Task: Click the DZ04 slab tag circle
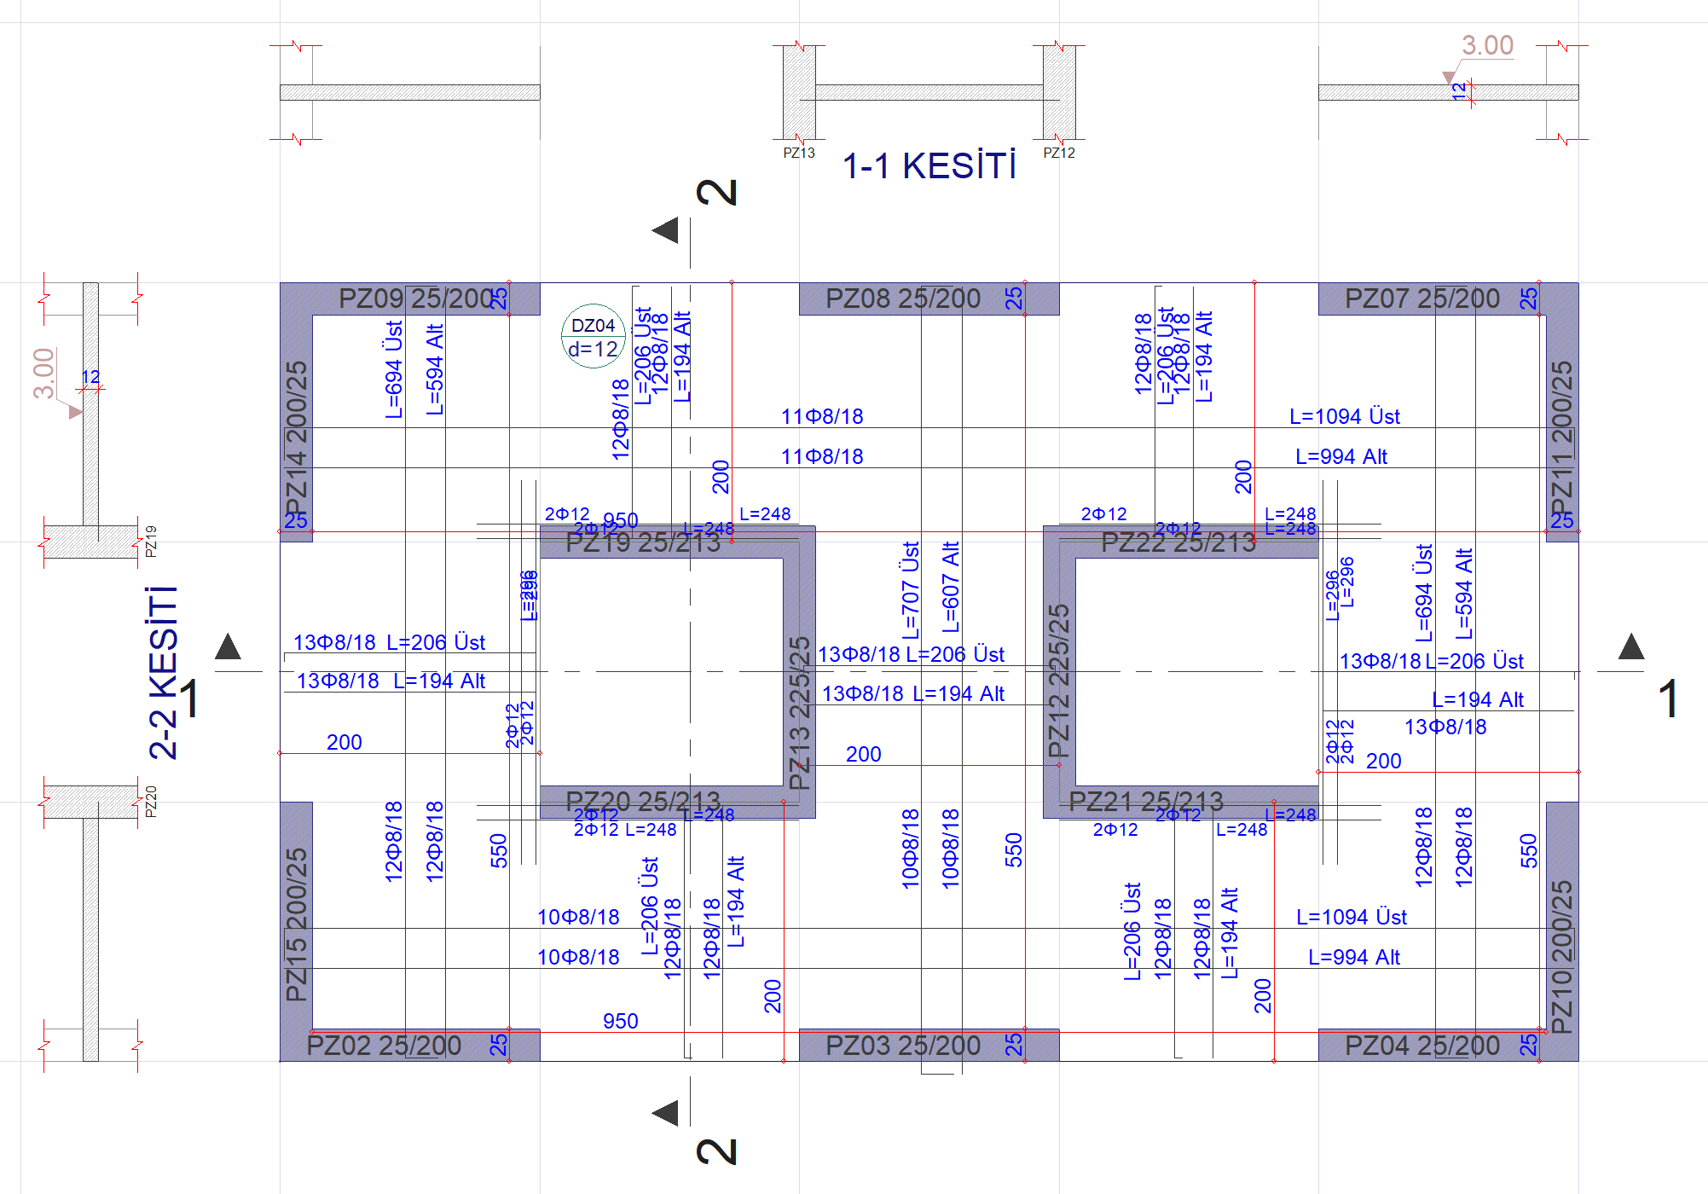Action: click(x=593, y=336)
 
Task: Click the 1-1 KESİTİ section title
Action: click(x=929, y=165)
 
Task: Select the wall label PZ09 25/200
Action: click(x=416, y=298)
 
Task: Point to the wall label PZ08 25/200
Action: click(x=903, y=298)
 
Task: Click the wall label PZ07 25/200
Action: click(x=1421, y=298)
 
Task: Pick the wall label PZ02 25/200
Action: click(x=384, y=1045)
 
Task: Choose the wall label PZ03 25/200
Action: click(x=903, y=1045)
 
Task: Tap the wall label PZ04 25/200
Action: click(x=1421, y=1045)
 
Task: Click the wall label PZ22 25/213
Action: click(x=1178, y=542)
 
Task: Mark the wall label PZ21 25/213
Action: click(x=1146, y=801)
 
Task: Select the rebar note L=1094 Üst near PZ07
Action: click(x=1344, y=416)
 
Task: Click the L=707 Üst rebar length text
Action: click(x=911, y=590)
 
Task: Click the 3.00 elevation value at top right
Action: click(x=1487, y=44)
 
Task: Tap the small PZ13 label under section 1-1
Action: click(x=799, y=153)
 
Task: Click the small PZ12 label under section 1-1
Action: click(x=1059, y=153)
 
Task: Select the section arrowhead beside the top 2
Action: click(x=666, y=230)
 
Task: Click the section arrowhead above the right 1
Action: click(x=1630, y=647)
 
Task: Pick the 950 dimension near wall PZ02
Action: click(x=620, y=1021)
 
